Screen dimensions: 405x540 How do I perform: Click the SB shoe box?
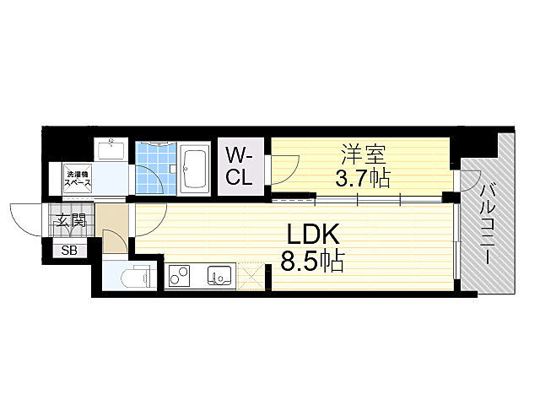[x=67, y=250]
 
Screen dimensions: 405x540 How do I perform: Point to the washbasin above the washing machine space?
[x=110, y=151]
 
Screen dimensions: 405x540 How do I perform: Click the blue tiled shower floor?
[x=157, y=165]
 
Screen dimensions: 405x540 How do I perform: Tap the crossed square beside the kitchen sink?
[x=251, y=275]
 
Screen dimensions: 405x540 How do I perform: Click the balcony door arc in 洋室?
[x=466, y=180]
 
